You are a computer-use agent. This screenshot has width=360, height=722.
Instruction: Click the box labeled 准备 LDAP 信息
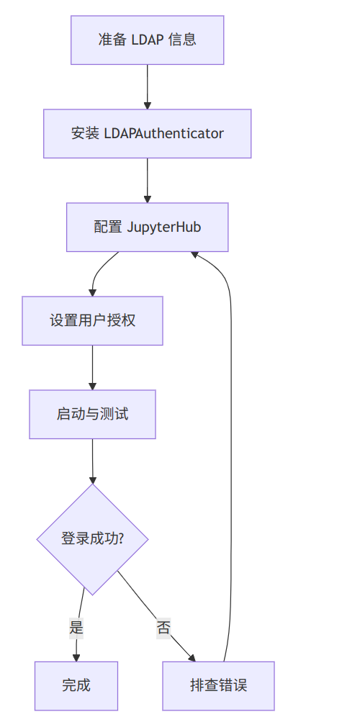point(147,40)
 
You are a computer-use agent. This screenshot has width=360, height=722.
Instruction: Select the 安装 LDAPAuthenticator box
point(147,133)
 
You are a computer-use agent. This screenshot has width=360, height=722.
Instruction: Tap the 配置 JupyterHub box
point(147,227)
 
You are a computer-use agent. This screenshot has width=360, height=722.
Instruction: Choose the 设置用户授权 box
point(92,320)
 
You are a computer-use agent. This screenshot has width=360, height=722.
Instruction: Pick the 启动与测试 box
point(92,414)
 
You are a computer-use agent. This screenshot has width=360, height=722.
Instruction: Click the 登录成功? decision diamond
point(92,538)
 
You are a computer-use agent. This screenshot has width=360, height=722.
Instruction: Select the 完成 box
point(76,685)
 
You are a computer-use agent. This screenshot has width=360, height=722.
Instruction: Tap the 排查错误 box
point(218,685)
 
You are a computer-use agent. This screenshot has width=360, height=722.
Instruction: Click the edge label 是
point(76,627)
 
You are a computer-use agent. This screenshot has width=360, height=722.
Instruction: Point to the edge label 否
point(163,627)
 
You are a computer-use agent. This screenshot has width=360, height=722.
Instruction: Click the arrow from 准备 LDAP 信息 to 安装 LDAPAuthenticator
point(147,86)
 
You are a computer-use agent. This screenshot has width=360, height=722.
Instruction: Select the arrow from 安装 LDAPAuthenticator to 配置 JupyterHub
point(147,180)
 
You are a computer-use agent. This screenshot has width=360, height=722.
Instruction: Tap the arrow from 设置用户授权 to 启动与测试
point(92,367)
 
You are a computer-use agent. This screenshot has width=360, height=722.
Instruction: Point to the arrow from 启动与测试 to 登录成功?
point(92,461)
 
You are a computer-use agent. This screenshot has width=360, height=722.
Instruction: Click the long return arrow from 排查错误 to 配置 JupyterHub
point(230,432)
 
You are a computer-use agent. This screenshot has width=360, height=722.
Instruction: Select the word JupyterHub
point(164,227)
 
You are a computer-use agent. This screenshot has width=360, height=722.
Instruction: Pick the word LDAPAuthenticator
point(164,133)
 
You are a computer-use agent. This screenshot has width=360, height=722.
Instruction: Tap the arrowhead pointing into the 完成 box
point(76,656)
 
